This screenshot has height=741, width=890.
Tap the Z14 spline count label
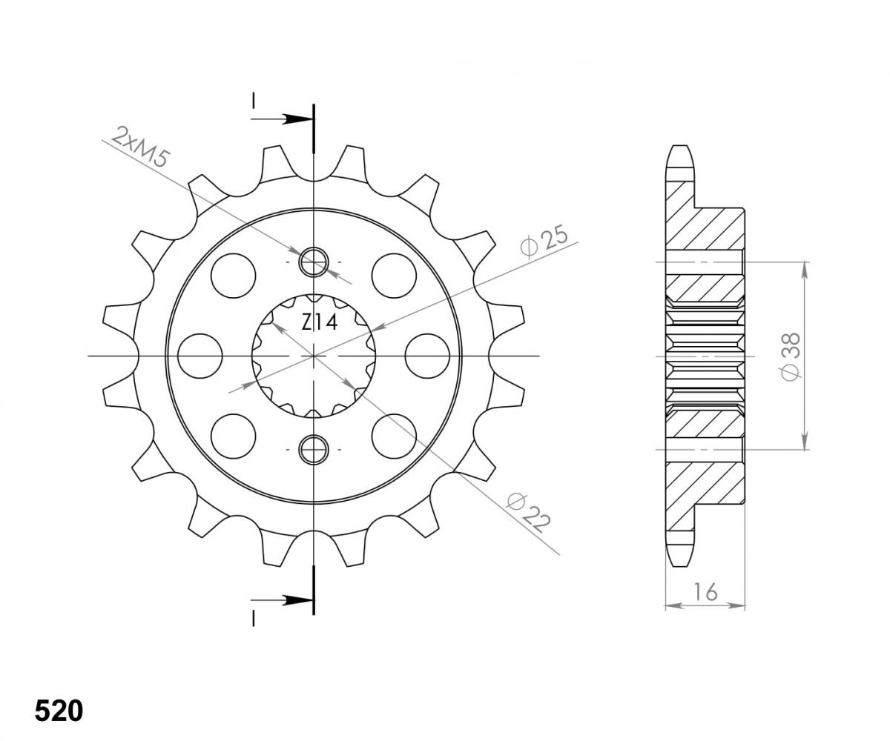tap(320, 322)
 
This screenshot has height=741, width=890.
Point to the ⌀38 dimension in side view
tap(791, 356)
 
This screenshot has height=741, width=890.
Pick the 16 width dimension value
tap(705, 591)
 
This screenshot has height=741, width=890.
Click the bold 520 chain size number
tap(59, 711)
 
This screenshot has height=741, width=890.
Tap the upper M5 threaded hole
tap(313, 262)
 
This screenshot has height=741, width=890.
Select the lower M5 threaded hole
tap(313, 448)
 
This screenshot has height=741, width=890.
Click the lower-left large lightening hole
tap(233, 436)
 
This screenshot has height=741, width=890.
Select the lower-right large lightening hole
tap(394, 436)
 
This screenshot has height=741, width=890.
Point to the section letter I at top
tap(254, 100)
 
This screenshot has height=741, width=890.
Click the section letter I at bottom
tap(254, 617)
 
